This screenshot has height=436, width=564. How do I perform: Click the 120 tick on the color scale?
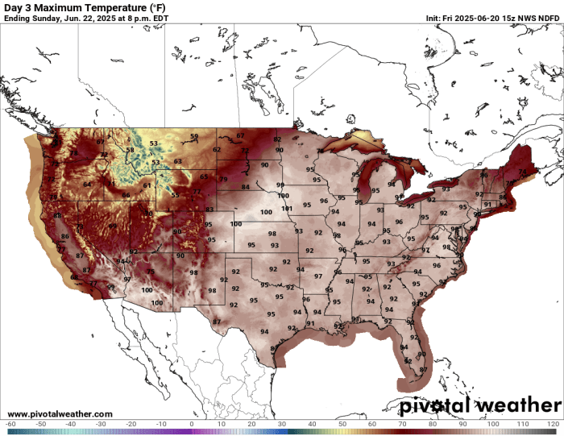(x=553, y=424)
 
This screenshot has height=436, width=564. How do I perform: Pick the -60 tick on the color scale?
(x=10, y=424)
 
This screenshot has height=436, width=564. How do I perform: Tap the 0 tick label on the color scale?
(x=192, y=424)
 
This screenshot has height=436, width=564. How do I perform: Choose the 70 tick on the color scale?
(x=402, y=424)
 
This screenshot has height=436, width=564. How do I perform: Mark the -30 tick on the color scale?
(x=101, y=424)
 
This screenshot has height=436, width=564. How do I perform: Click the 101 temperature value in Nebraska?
(x=287, y=209)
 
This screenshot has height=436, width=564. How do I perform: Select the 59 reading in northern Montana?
(x=194, y=136)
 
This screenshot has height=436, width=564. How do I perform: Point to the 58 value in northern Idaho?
(x=130, y=150)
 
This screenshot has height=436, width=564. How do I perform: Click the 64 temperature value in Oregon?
(x=87, y=185)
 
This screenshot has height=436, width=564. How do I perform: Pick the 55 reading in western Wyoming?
(x=175, y=195)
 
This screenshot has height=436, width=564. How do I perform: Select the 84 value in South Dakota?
(x=245, y=187)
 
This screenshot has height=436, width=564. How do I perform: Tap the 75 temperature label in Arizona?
(x=150, y=272)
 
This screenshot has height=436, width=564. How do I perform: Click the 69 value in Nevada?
(x=112, y=226)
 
